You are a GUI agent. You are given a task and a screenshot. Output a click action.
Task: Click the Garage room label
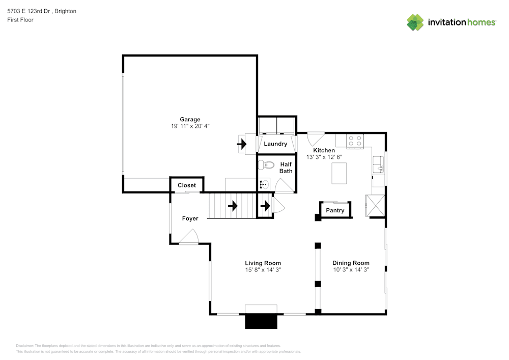(190, 120)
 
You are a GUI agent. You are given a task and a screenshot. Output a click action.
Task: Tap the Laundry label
(275, 144)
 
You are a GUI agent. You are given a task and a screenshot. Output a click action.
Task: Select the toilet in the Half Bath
(266, 165)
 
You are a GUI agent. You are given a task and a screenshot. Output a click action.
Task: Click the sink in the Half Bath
(264, 184)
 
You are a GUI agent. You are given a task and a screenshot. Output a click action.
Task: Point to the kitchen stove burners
(355, 141)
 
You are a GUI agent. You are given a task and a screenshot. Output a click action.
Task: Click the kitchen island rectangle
(339, 173)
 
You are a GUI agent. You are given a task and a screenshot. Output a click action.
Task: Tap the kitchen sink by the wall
(378, 164)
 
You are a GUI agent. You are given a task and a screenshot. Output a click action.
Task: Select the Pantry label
(335, 210)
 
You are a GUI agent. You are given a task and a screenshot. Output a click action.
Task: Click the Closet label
(187, 185)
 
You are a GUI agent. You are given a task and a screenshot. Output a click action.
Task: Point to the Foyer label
(190, 218)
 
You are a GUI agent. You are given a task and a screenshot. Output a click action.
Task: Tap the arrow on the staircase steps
(233, 206)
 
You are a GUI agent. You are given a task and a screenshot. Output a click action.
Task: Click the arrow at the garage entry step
(242, 144)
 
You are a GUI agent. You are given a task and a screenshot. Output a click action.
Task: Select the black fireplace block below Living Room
(261, 321)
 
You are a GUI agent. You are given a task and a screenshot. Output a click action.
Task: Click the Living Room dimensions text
(263, 270)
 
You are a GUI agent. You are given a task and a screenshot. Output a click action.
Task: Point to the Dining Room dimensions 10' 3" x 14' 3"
(351, 270)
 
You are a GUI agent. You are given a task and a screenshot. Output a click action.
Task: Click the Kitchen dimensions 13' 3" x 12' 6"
(324, 157)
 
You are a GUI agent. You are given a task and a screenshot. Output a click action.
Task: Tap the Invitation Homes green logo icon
(415, 22)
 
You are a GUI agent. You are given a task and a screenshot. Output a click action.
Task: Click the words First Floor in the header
(20, 20)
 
